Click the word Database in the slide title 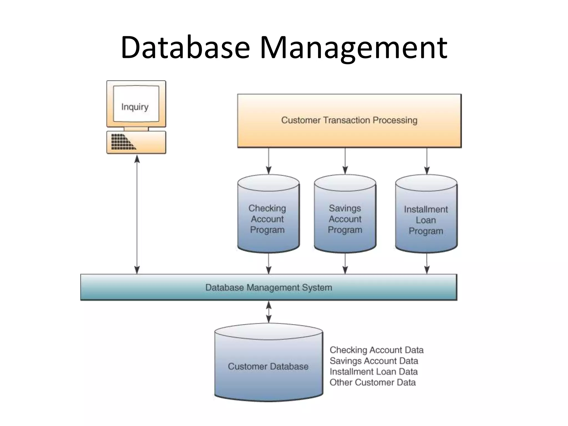[185, 48]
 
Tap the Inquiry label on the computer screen [135, 107]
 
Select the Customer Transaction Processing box [349, 120]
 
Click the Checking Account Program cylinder [268, 219]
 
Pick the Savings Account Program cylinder [345, 219]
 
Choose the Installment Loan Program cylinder [426, 220]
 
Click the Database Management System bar [268, 287]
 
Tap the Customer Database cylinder [268, 366]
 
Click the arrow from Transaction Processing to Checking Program [268, 161]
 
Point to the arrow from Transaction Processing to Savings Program [345, 161]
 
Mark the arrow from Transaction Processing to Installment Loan [427, 161]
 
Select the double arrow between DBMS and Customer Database [268, 312]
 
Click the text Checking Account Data [376, 350]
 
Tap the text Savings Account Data [374, 361]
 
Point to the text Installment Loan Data [373, 372]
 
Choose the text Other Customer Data [372, 382]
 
